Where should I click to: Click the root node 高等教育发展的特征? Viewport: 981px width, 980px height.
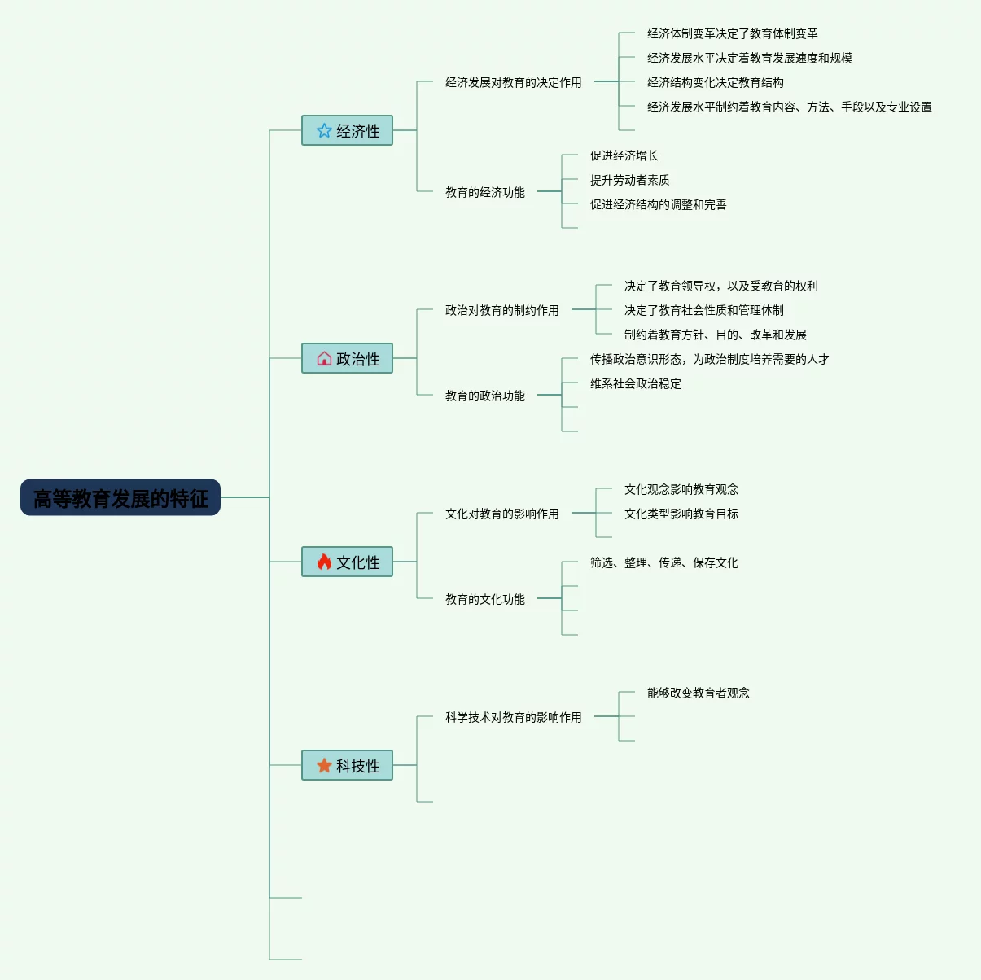click(x=120, y=497)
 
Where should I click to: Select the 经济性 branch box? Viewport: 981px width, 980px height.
click(x=348, y=130)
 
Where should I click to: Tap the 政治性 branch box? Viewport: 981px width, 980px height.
click(x=348, y=358)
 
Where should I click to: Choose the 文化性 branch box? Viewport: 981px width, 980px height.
click(x=348, y=562)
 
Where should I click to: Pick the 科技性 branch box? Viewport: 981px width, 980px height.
click(x=348, y=765)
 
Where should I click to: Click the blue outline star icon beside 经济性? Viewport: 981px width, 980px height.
click(x=324, y=130)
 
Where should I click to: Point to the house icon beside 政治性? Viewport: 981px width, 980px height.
click(x=324, y=358)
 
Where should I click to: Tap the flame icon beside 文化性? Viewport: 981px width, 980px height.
click(x=324, y=562)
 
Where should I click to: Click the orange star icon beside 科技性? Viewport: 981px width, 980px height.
click(x=324, y=765)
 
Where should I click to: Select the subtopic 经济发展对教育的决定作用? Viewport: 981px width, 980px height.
click(x=513, y=82)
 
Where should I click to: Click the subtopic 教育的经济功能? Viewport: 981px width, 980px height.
click(x=484, y=192)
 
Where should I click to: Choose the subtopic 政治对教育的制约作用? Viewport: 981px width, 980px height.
click(x=501, y=310)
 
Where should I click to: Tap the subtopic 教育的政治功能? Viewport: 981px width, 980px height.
click(x=484, y=396)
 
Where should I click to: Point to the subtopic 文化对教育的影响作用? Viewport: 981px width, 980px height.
click(x=501, y=514)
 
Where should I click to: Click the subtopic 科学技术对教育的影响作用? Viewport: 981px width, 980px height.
click(x=513, y=717)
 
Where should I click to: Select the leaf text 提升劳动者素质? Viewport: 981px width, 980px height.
click(x=629, y=180)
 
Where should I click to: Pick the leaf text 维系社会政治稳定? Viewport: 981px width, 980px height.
click(x=635, y=383)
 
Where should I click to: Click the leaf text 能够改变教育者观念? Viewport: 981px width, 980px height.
click(x=698, y=693)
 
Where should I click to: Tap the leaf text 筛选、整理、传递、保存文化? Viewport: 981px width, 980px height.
click(x=663, y=562)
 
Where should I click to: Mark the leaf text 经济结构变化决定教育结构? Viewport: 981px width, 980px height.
click(x=715, y=82)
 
